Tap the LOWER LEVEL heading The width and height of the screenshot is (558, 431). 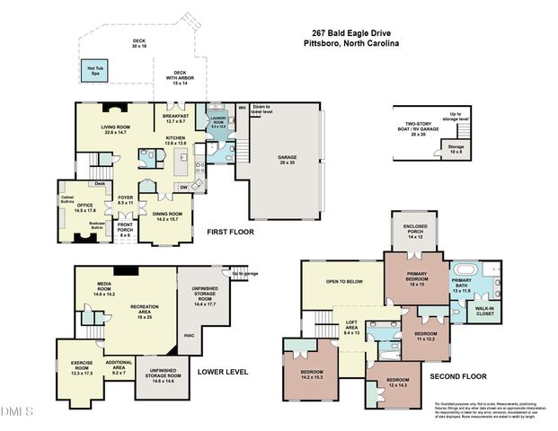pyautogui.click(x=222, y=369)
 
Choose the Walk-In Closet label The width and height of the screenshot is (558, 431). pyautogui.click(x=486, y=312)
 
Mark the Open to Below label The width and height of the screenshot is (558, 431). pyautogui.click(x=344, y=281)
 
